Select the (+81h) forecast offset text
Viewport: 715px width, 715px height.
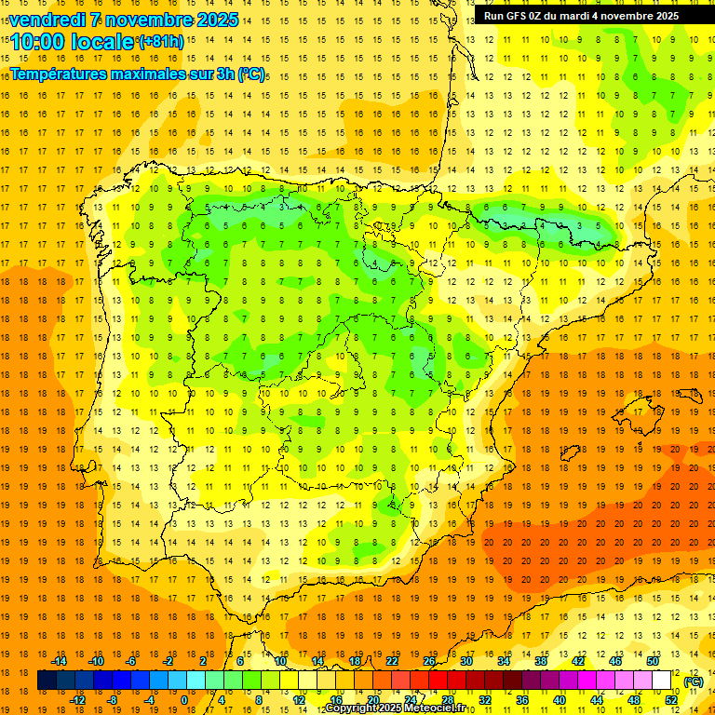161,41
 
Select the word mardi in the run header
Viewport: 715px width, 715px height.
587,16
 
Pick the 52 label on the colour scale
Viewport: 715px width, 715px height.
670,700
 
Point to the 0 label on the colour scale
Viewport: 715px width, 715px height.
183,700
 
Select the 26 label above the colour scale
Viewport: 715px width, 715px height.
429,660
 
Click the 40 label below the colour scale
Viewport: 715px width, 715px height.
559,700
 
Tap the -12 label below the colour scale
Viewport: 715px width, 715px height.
77,700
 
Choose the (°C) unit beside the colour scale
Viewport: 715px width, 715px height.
694,681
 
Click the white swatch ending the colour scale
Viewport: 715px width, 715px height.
662,681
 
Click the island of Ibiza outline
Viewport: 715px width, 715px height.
569,453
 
